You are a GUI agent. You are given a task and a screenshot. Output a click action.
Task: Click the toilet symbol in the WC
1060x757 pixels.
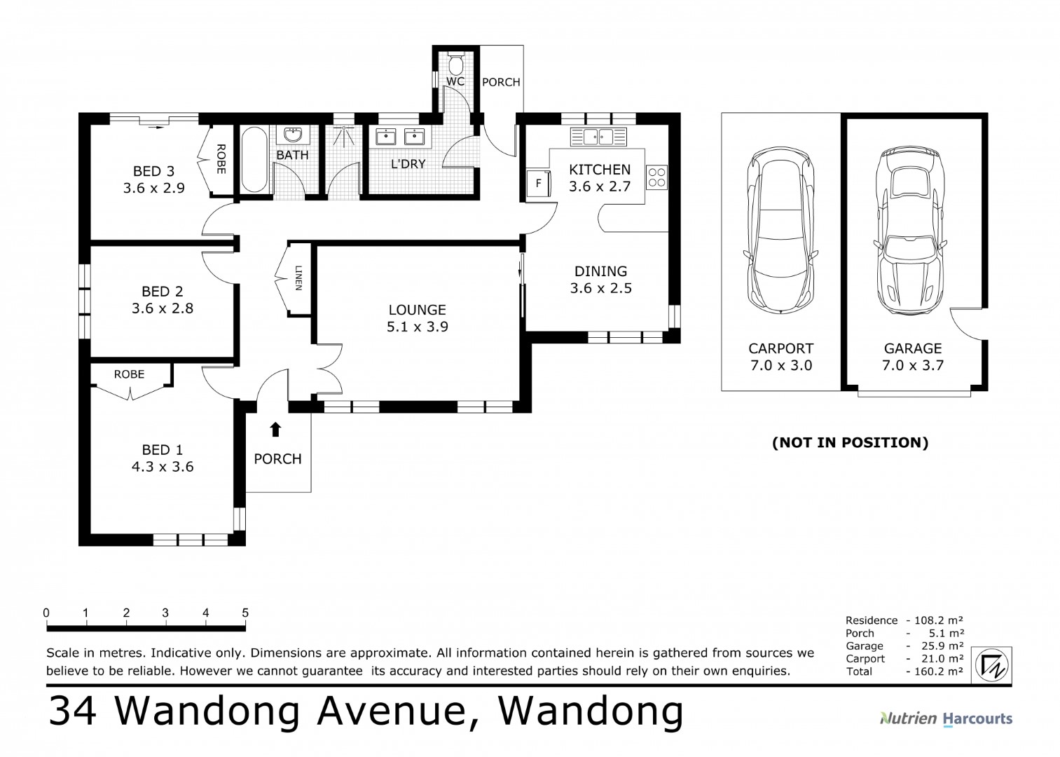pos(455,64)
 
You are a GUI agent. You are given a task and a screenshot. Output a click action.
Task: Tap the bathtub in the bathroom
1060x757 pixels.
pos(254,159)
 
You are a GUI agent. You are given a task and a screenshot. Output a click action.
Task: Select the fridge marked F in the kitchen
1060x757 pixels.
pos(538,184)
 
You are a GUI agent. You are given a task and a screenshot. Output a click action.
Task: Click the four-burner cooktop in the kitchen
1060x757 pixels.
pos(656,176)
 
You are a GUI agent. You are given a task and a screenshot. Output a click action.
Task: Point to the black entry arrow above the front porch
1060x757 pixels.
pos(276,429)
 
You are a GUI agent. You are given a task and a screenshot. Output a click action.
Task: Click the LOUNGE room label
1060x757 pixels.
pos(417,309)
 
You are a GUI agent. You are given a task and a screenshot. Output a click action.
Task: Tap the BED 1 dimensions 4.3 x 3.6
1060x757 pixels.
pos(163,467)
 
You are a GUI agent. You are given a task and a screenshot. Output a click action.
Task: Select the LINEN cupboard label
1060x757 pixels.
pos(298,278)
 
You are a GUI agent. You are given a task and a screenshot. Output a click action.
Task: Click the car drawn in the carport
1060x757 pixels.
pos(780,231)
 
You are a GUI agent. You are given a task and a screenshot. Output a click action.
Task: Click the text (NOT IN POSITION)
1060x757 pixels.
pos(850,442)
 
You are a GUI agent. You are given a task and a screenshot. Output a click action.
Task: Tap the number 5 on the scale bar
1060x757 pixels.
pos(245,613)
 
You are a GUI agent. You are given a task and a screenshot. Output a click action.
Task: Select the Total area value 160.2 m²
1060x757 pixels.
pos(937,671)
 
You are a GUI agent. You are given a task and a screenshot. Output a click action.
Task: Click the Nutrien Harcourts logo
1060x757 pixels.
pos(945,718)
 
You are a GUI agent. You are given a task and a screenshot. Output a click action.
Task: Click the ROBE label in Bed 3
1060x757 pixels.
pos(221,159)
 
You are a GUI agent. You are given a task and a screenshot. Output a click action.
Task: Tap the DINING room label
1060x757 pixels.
pos(600,271)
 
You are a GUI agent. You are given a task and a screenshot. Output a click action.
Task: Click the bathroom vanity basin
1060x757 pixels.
pos(292,135)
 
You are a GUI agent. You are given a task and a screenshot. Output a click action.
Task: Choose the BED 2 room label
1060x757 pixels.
pos(162,291)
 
